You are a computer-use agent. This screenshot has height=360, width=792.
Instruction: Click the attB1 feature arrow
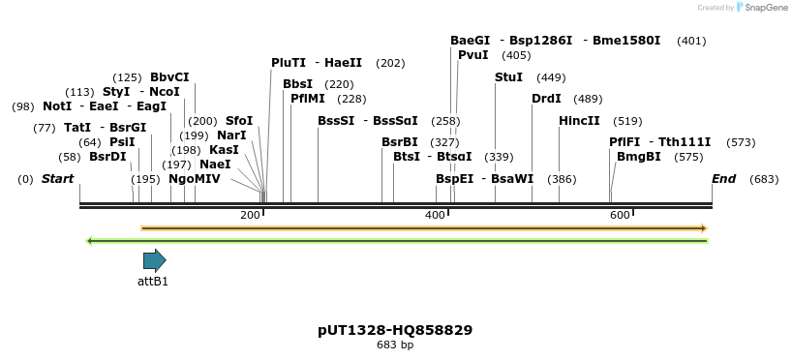click(154, 259)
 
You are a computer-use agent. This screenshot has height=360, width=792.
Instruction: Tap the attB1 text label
click(153, 282)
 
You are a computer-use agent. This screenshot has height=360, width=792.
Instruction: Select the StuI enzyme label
click(508, 77)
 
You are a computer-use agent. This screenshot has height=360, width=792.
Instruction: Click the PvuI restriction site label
click(473, 55)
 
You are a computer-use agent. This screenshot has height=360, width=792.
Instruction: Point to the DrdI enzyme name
click(546, 99)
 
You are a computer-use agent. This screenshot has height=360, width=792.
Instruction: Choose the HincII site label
click(579, 121)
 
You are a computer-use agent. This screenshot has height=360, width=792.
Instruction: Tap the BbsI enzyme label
click(297, 84)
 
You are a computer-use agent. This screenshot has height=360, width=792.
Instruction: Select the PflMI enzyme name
click(308, 99)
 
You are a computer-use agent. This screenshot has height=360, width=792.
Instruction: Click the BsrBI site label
click(400, 141)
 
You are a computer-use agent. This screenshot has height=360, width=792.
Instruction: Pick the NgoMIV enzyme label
click(195, 179)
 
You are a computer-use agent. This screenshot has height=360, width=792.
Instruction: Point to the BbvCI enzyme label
click(169, 77)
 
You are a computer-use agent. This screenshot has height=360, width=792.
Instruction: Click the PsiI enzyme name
click(122, 141)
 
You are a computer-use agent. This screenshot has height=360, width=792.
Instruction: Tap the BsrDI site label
click(107, 157)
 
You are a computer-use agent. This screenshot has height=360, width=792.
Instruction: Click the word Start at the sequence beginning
click(58, 179)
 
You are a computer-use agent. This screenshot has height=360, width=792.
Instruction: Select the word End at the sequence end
click(723, 179)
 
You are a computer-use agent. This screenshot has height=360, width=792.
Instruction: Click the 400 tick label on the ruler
click(435, 215)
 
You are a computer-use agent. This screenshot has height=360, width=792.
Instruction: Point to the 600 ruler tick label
click(620, 215)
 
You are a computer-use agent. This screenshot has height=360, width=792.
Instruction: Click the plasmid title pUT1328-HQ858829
click(395, 330)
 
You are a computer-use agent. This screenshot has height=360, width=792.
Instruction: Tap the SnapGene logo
click(759, 8)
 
